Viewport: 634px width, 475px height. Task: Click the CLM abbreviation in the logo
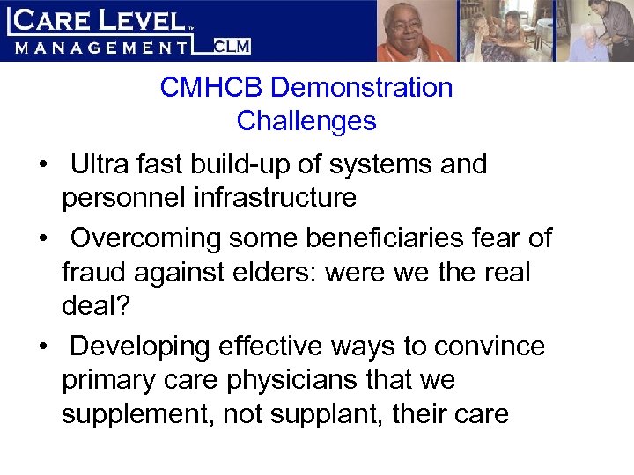(x=233, y=47)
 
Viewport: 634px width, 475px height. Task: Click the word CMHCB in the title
(x=212, y=88)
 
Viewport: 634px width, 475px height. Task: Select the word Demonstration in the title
(x=363, y=88)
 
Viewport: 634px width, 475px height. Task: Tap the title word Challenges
(x=306, y=121)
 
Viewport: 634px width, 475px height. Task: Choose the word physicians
(x=315, y=381)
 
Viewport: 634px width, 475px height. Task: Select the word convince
(x=489, y=347)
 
